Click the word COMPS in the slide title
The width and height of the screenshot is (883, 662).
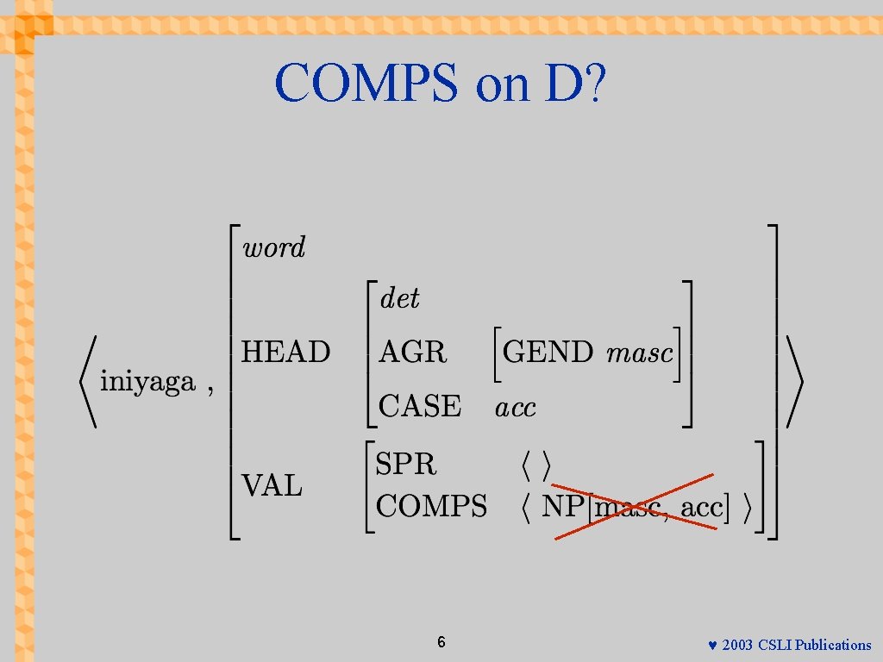[x=367, y=84]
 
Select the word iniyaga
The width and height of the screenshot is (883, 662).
[x=147, y=382]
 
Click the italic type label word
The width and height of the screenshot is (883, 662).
[x=274, y=248]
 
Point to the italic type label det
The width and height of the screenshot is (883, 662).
[x=399, y=299]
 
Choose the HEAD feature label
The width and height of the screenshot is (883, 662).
[x=285, y=352]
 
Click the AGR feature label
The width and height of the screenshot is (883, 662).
[x=413, y=352]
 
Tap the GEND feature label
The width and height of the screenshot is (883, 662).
[x=548, y=352]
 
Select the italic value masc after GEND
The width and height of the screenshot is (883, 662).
[x=639, y=353]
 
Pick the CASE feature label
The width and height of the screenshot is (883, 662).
[x=420, y=406]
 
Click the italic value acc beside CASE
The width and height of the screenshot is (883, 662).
[x=515, y=407]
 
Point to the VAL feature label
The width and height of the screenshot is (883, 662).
[x=272, y=487]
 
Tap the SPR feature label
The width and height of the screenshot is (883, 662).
[x=406, y=465]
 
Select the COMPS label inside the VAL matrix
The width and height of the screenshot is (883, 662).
[x=432, y=506]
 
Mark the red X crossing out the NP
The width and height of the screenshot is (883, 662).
[x=635, y=506]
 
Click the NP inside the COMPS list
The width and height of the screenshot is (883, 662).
[x=563, y=507]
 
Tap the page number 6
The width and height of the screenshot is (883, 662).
[x=441, y=642]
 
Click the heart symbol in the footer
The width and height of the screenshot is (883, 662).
[x=712, y=646]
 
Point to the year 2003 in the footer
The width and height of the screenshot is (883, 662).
[x=736, y=645]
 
